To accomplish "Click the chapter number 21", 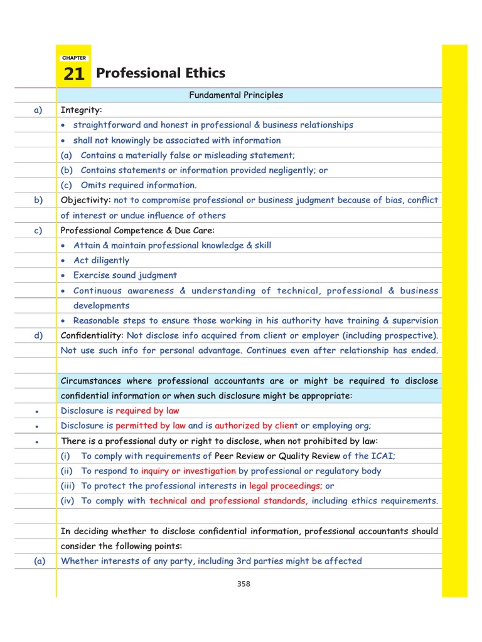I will (x=73, y=75).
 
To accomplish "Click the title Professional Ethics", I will (x=160, y=73).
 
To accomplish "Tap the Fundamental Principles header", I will (x=236, y=95).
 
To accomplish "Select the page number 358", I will (x=244, y=584).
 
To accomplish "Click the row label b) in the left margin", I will (x=38, y=201).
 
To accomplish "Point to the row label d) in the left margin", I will (x=38, y=335).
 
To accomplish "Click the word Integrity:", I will (x=81, y=110).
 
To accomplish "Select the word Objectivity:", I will (x=85, y=201).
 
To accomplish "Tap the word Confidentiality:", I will (x=92, y=335).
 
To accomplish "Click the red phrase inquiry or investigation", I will (x=188, y=471).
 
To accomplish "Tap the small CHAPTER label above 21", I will (x=73, y=58).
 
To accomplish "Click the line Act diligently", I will (x=101, y=260).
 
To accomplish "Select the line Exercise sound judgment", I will (x=125, y=275).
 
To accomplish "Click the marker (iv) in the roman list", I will (x=68, y=501).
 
